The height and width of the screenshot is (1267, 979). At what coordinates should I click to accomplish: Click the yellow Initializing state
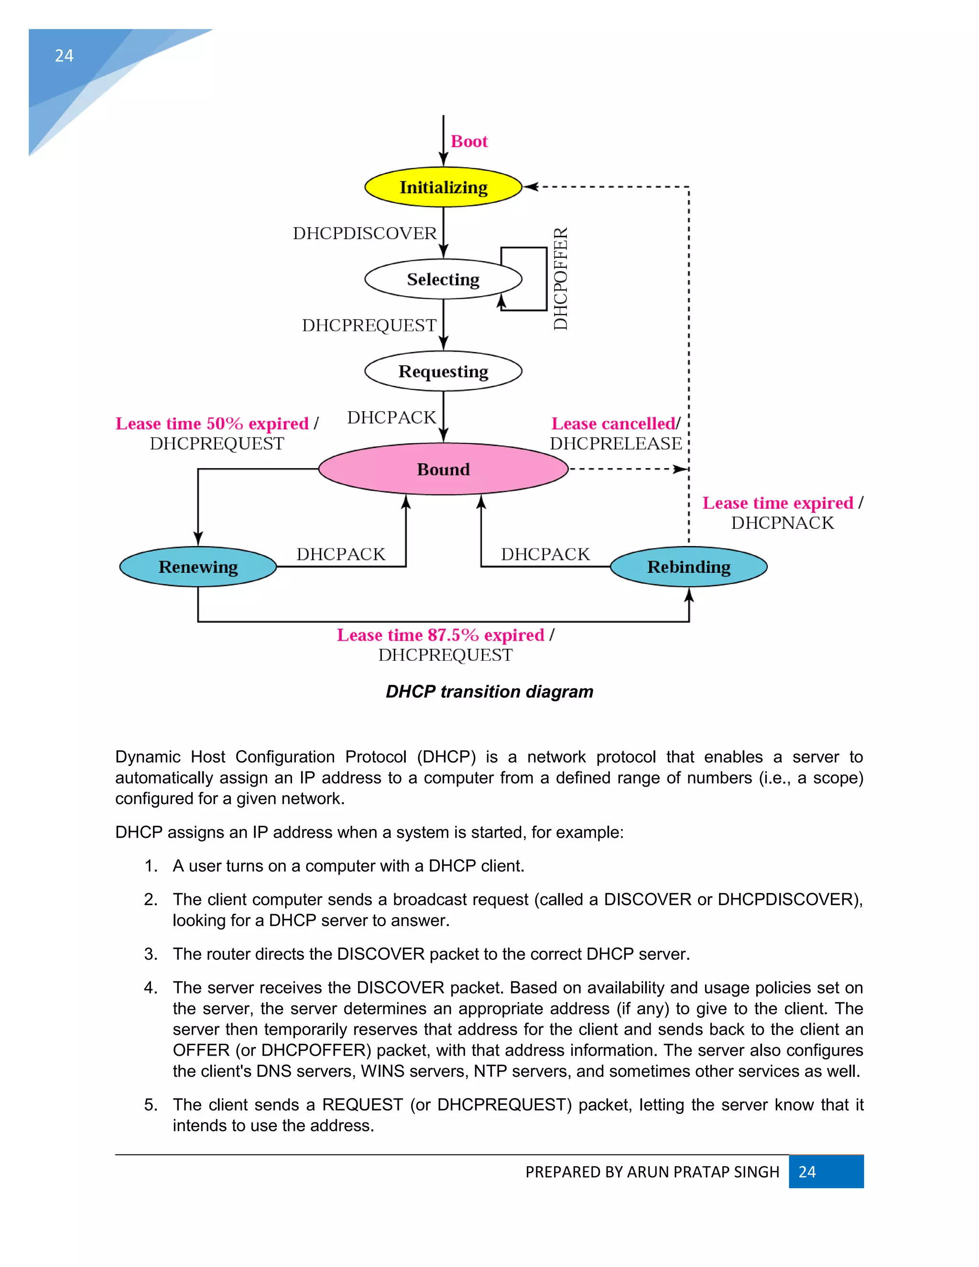(443, 187)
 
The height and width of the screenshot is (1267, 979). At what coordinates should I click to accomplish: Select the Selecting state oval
(443, 279)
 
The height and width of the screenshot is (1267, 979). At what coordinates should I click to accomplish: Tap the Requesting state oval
(443, 371)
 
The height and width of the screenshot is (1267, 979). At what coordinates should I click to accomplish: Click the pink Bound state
(443, 470)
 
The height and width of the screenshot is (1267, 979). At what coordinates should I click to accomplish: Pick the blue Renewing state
(198, 567)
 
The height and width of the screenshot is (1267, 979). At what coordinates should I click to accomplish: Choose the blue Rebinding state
(688, 567)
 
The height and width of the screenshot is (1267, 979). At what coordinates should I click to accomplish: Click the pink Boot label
(468, 142)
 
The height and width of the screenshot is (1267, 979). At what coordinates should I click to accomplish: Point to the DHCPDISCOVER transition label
(364, 233)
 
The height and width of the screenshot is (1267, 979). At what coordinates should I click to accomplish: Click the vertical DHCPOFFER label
(560, 279)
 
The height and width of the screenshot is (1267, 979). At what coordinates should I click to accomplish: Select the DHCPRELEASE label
(615, 444)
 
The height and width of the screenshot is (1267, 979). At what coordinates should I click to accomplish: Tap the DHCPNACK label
(782, 523)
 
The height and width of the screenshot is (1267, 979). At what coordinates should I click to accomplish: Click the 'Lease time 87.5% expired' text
(440, 635)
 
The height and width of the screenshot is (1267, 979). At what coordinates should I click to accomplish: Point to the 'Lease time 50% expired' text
(212, 424)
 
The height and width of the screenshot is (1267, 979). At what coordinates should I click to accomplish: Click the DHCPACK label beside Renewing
(340, 554)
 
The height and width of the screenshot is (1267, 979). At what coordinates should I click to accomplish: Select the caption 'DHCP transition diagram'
(489, 691)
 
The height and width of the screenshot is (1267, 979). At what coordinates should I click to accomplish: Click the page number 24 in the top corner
(64, 55)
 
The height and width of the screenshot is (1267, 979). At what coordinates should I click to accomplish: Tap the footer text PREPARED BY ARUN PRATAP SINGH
(652, 1172)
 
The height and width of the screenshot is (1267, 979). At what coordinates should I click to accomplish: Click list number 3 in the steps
(151, 954)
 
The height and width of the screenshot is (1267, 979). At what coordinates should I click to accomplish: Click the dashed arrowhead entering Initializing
(530, 187)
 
